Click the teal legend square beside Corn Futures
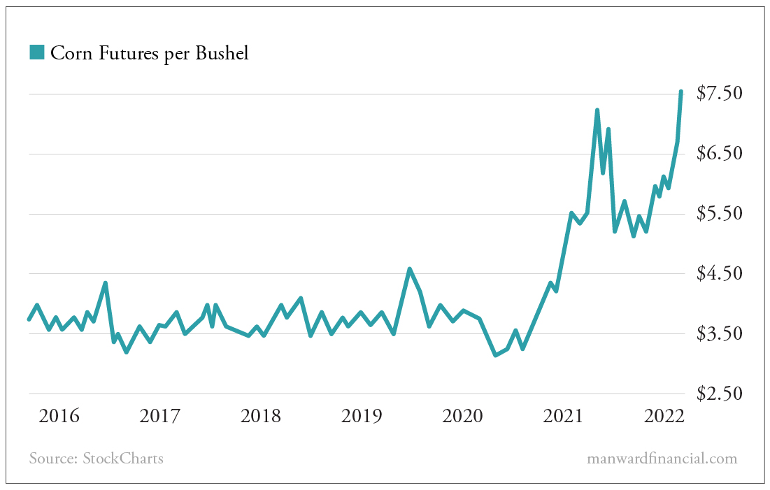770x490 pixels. point(37,52)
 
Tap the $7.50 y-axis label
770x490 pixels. point(719,93)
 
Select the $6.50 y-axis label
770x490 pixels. point(719,153)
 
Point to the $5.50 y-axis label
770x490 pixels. point(719,213)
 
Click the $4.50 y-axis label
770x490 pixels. point(719,273)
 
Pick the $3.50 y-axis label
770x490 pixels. point(719,333)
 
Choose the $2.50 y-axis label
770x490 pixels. point(719,394)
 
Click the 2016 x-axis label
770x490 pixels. point(59,417)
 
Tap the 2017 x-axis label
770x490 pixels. point(160,417)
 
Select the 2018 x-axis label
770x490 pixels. point(261,417)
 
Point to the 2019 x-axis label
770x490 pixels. point(362,417)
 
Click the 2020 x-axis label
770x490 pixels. point(462,417)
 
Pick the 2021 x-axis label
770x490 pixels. point(563,417)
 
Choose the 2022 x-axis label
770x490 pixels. point(662,417)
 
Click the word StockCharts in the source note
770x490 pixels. point(123,459)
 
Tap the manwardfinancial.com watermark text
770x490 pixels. point(662,459)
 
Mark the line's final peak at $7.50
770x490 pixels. point(681,92)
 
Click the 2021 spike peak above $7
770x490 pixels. point(597,110)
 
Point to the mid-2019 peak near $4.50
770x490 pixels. point(409,268)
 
